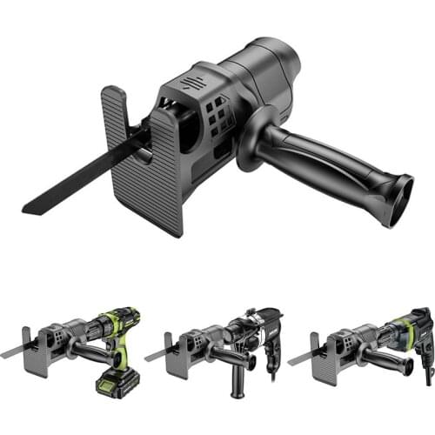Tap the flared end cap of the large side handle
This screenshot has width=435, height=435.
pos(399,199)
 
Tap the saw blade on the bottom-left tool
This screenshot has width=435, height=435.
pos(12,353)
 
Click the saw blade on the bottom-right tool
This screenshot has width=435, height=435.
pos(300,357)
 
